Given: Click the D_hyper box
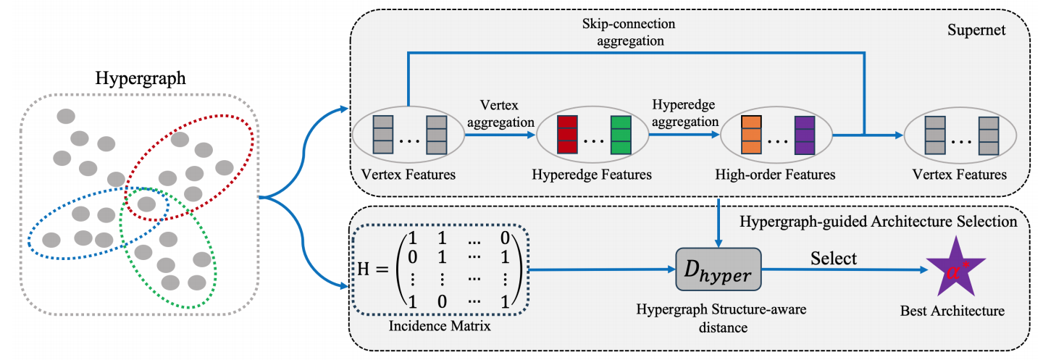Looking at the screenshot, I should click(x=717, y=270).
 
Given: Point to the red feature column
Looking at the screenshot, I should click(x=566, y=135).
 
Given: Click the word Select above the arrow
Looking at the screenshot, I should click(x=834, y=258).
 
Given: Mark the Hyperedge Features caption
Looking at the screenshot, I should click(x=592, y=175).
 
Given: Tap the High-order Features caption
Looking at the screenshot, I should click(x=776, y=175).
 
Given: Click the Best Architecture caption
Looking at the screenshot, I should click(x=952, y=311).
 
